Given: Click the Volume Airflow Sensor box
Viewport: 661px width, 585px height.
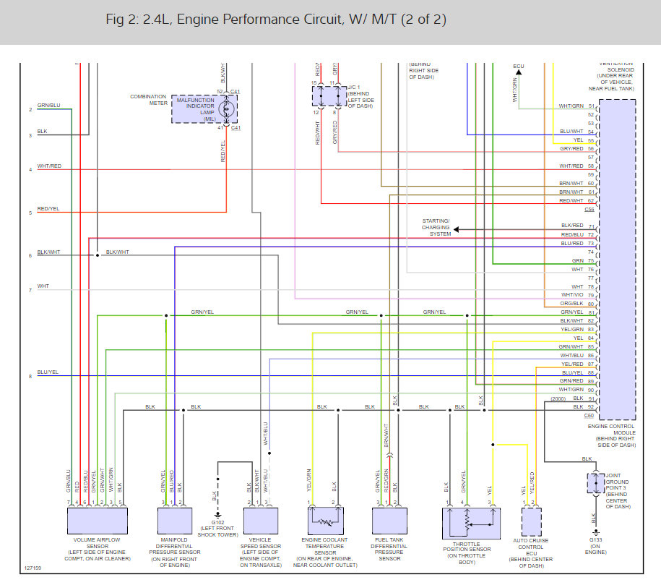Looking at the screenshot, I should (97, 521).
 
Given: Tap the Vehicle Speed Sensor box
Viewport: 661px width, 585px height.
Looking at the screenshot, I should (261, 521).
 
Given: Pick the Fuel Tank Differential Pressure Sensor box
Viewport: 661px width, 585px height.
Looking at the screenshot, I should (391, 521).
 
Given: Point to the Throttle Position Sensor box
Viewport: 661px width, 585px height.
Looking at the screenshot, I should (470, 521).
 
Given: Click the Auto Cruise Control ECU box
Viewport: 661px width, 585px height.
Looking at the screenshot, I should (532, 521).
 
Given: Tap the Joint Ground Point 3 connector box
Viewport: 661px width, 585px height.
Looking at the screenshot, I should (595, 483).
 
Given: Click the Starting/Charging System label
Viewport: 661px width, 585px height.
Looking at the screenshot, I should (436, 227).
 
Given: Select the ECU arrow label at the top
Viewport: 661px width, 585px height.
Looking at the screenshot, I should (518, 67).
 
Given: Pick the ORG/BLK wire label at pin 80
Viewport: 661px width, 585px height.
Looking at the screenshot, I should (571, 304).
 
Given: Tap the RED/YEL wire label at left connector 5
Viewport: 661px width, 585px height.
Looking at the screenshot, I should (48, 208).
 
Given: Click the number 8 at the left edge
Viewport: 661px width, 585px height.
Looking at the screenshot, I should (30, 376).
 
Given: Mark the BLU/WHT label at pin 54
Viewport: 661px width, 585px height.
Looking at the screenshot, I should (571, 132).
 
